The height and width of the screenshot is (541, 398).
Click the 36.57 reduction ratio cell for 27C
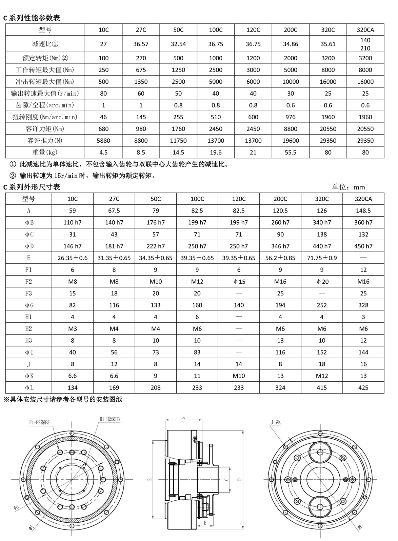pos(141,44)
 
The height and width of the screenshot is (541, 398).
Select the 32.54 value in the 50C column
pos(178,44)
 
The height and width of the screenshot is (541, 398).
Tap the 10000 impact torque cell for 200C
pos(291,82)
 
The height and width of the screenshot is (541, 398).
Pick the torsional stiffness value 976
pos(291,117)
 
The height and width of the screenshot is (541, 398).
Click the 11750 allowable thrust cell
pos(178,141)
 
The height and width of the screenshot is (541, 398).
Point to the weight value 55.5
pos(291,153)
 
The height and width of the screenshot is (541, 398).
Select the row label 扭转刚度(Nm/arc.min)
pos(45,117)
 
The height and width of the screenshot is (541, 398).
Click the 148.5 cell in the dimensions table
pos(363,211)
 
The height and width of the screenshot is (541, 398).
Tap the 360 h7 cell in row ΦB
pos(363,222)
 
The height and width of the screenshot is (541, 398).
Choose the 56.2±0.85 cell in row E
pos(280,258)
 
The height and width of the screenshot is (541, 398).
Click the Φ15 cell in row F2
pos(239,282)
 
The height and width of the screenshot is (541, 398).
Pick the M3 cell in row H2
pos(73,329)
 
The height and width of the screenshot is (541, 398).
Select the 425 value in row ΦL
pos(363,387)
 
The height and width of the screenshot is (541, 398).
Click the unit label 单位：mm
pos(348,187)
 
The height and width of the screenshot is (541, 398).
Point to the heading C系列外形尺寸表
pos(32,187)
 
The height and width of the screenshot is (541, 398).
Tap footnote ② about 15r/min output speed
pos(83,176)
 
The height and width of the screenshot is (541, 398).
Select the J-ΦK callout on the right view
pos(276,422)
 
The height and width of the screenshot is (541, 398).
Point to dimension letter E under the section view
pos(205,533)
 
